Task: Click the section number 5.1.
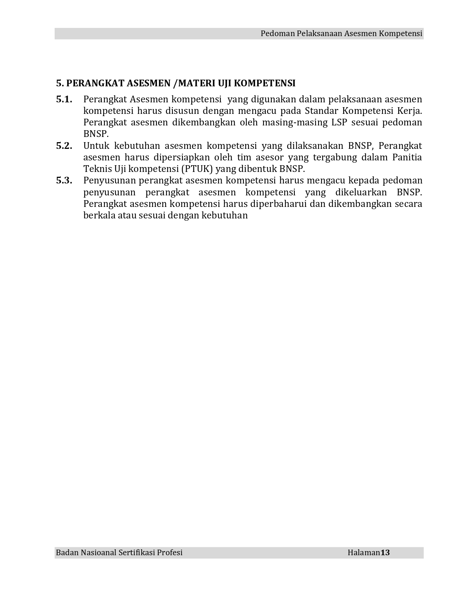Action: [64, 99]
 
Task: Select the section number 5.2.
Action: [64, 146]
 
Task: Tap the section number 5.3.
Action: [64, 180]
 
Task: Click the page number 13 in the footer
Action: [385, 553]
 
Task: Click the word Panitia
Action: [407, 157]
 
